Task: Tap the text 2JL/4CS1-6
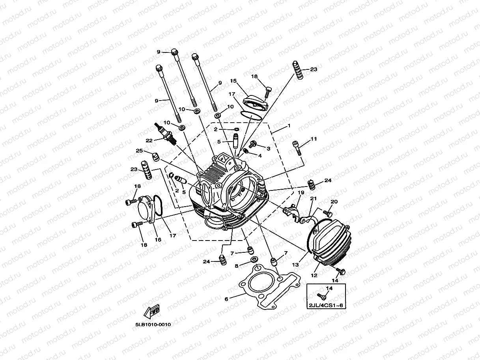pyautogui.click(x=325, y=304)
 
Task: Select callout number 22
pyautogui.click(x=149, y=140)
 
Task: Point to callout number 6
pyautogui.click(x=226, y=299)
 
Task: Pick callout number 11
pyautogui.click(x=314, y=139)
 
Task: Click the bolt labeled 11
pyautogui.click(x=297, y=147)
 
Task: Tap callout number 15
pyautogui.click(x=233, y=81)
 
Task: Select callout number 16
pyautogui.click(x=158, y=239)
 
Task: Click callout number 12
pyautogui.click(x=314, y=276)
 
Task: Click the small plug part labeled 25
pyautogui.click(x=156, y=157)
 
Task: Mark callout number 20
pyautogui.click(x=334, y=201)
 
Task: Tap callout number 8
pyautogui.click(x=237, y=266)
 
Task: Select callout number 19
pyautogui.click(x=301, y=192)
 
